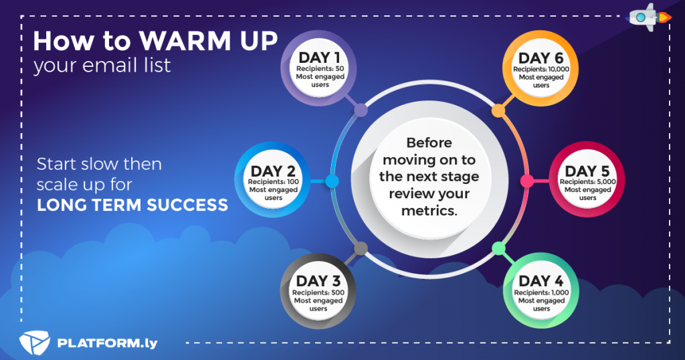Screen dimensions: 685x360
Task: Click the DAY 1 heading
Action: click(319, 58)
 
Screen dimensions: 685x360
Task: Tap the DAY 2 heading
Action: click(273, 171)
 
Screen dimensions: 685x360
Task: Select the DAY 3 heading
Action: click(318, 281)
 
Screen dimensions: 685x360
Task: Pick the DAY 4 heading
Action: click(541, 281)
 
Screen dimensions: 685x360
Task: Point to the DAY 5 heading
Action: click(587, 171)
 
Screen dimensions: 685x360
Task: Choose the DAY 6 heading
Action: click(541, 58)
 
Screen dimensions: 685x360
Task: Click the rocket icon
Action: click(648, 17)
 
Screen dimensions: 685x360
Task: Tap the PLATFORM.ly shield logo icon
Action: click(35, 343)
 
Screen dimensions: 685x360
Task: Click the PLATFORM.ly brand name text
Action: click(108, 343)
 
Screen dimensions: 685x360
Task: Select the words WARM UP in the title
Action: click(209, 41)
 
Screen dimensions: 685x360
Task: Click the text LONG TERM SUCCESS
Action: click(132, 205)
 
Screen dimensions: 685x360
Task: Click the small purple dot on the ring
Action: click(361, 110)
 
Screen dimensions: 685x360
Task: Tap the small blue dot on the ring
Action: click(332, 181)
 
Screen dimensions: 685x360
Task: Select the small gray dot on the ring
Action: click(361, 249)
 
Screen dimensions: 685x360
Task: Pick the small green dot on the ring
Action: click(498, 249)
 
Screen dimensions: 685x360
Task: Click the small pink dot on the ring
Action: click(527, 181)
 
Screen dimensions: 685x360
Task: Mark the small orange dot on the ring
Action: click(498, 111)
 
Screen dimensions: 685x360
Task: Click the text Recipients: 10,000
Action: click(541, 69)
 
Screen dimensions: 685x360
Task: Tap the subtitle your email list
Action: click(102, 66)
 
